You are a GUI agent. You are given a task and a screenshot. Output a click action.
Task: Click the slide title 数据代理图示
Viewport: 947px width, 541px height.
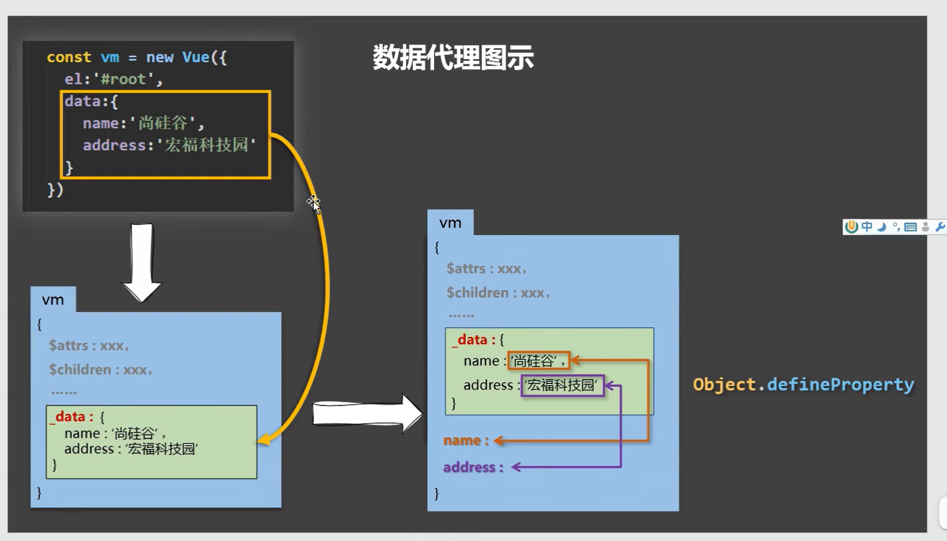pos(453,58)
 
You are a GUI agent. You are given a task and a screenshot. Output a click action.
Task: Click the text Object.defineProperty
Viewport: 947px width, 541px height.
pos(803,384)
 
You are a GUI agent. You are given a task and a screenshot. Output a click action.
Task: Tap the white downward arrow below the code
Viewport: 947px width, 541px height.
pos(142,263)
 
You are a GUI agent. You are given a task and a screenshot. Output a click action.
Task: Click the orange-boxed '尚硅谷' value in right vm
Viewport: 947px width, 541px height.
pos(538,361)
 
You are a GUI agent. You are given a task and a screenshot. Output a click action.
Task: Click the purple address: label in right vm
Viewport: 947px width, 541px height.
pos(473,467)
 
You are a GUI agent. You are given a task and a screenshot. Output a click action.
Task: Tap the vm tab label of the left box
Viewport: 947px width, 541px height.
pos(53,300)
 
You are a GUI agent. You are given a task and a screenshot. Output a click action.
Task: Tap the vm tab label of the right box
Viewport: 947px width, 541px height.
pos(450,223)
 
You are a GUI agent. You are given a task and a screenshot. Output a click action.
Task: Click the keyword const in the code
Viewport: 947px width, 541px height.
pos(68,57)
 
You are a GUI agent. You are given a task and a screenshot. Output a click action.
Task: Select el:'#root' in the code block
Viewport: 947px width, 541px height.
pos(113,79)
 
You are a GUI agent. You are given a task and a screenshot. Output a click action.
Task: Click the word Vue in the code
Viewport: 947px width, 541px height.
pos(196,57)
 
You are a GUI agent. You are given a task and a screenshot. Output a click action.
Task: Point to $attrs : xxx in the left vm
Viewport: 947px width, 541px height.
pos(89,346)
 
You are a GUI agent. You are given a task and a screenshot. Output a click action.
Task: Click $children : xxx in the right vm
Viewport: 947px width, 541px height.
pos(498,293)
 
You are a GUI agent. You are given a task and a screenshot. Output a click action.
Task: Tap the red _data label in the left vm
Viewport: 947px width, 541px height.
pos(69,416)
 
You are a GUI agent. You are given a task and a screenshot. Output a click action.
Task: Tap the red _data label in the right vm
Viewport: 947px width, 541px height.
pos(471,339)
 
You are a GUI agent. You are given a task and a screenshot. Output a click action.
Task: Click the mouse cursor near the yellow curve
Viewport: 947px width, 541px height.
pos(314,203)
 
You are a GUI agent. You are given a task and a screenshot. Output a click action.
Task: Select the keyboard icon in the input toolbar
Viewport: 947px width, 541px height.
pos(910,227)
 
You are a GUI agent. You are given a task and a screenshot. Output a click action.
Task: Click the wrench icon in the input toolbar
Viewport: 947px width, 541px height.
pos(940,227)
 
